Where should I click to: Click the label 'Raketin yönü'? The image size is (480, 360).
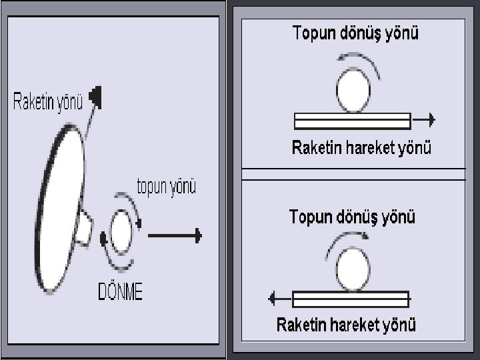pos(47,101)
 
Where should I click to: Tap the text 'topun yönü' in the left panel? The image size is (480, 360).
pos(166,187)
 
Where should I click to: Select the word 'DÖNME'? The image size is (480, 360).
pos(120,292)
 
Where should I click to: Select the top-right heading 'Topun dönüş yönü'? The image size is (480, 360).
pos(356,33)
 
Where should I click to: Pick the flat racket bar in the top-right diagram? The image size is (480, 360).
pos(352,121)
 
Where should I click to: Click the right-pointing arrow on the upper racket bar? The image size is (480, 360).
pos(424,121)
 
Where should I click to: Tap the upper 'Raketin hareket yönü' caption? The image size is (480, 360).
pos(361,148)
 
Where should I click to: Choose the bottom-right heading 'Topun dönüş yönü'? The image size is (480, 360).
pos(352,217)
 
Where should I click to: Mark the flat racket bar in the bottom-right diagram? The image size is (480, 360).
pos(349,298)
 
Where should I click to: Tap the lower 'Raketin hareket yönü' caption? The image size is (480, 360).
pos(346,325)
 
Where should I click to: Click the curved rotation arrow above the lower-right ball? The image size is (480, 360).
pos(347,239)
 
